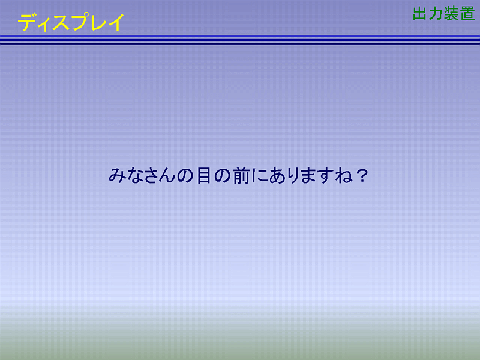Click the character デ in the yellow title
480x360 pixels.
pos(27,23)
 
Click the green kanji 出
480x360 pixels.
pos(420,13)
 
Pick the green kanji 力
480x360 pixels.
pos(435,13)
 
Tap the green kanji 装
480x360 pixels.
pos(452,14)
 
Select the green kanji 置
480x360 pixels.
pos(467,14)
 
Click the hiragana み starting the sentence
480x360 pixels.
pos(116,175)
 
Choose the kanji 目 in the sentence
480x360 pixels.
pos(203,175)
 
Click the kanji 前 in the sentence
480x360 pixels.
pos(241,175)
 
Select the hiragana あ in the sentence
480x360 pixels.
pos(277,176)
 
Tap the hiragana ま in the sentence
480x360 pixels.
pos(309,176)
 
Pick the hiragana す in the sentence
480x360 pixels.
pos(326,176)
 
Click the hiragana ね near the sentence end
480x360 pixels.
pos(343,176)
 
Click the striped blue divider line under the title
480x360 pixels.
pos(240,40)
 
